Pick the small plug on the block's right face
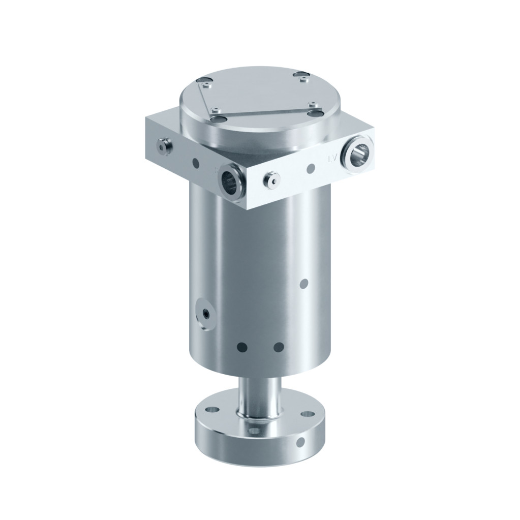point(272,179)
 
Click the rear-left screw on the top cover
point(204,81)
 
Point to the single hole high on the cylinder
point(304,284)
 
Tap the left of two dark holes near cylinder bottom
point(242,347)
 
